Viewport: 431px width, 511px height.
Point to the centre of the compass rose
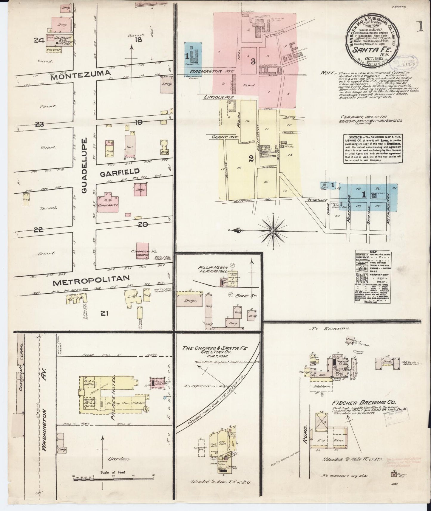click(273, 231)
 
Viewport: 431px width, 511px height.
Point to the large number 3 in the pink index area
click(253, 62)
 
